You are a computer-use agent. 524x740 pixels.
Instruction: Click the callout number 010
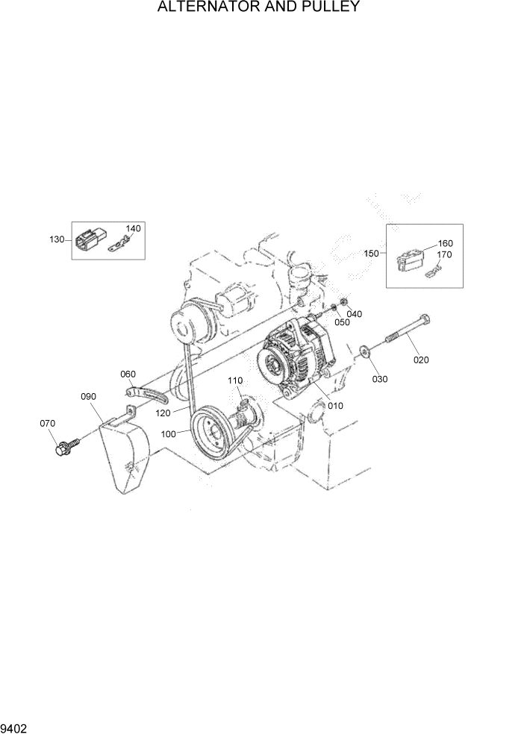point(335,407)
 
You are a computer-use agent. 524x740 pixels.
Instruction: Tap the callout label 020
point(421,360)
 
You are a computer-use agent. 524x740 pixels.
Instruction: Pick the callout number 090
point(88,397)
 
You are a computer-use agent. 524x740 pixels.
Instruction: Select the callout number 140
point(133,228)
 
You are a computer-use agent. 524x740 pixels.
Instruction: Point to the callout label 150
point(371,253)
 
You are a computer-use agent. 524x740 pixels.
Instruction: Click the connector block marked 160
point(408,260)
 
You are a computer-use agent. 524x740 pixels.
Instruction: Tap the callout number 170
point(445,254)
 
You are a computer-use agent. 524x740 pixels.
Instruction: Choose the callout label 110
point(235,381)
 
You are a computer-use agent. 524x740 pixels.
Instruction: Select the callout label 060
point(128,374)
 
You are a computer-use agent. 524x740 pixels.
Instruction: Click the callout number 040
point(354,314)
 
